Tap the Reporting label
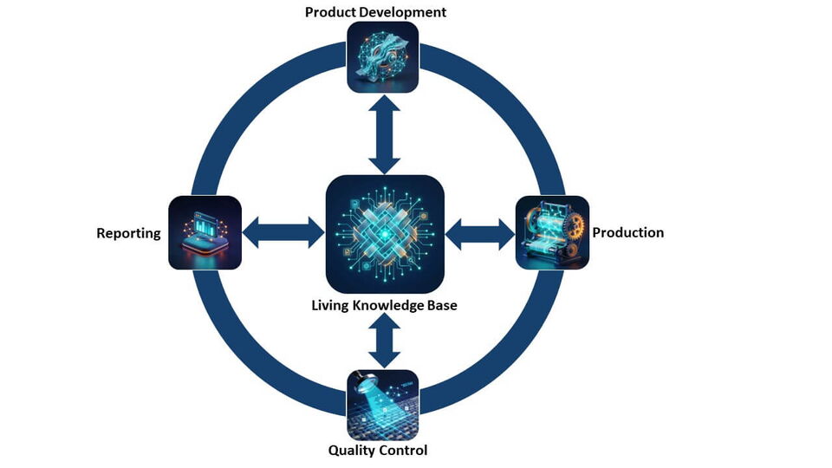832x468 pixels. point(128,233)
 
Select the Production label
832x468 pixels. point(627,232)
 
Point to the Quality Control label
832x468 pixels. point(378,450)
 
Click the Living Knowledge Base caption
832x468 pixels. point(385,305)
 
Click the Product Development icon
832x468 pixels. point(382,57)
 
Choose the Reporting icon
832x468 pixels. point(205,232)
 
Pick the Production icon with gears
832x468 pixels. point(552,232)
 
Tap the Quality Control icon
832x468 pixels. point(382,405)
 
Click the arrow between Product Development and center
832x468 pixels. point(383,133)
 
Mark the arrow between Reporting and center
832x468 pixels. point(283,232)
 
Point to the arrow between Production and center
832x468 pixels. point(480,232)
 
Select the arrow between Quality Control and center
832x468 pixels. point(383,341)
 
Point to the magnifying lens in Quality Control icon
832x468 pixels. point(363,381)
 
